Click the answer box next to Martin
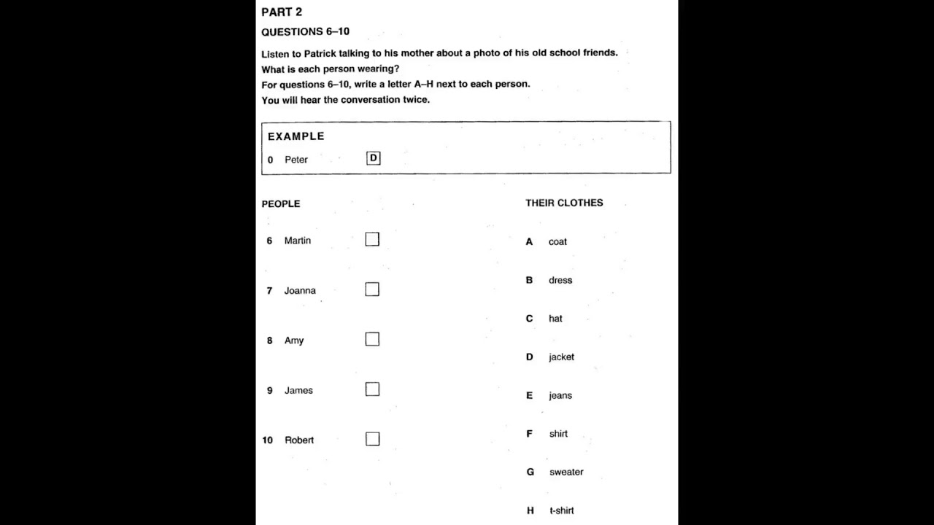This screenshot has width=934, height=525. click(x=372, y=239)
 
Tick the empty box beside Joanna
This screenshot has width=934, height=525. click(x=372, y=289)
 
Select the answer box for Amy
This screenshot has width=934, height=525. click(x=372, y=339)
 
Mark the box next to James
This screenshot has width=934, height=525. click(x=372, y=389)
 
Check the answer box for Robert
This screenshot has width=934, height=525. click(x=372, y=439)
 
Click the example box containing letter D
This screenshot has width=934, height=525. click(x=374, y=158)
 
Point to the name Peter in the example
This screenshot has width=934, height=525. click(x=296, y=160)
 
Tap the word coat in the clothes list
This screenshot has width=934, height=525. click(x=557, y=242)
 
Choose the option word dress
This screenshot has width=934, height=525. click(x=560, y=280)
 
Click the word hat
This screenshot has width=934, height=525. click(x=555, y=319)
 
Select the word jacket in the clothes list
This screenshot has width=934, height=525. click(x=561, y=357)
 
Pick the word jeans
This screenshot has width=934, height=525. click(x=560, y=396)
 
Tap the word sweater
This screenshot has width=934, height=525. click(x=566, y=472)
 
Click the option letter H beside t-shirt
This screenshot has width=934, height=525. click(x=530, y=510)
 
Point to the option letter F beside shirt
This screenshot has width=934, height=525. click(x=530, y=434)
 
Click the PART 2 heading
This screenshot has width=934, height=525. click(x=282, y=12)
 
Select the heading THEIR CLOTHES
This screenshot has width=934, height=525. click(x=564, y=203)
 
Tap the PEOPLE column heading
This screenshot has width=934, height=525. click(x=281, y=204)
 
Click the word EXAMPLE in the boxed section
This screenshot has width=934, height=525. click(x=296, y=136)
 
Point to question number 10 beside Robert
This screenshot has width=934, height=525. click(x=267, y=440)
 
